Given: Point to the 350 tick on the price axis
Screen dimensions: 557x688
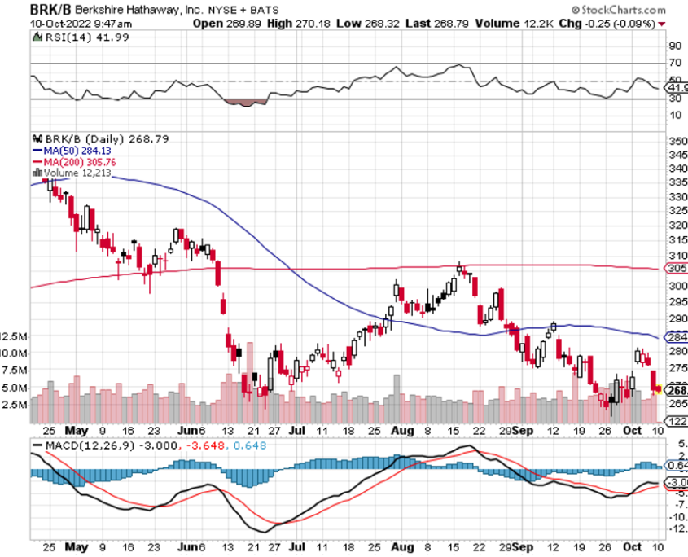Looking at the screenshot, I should [x=677, y=141].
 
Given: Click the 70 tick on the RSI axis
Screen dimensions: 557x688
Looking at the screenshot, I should [x=675, y=63].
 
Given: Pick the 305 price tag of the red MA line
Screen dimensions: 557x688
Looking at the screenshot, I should [x=677, y=268].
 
